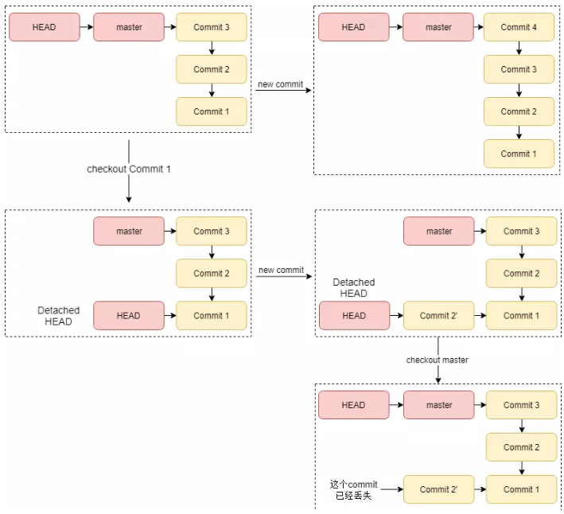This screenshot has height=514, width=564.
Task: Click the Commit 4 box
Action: point(519,27)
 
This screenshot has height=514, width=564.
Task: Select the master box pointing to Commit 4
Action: point(438,27)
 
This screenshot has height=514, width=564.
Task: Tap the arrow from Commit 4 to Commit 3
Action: point(519,48)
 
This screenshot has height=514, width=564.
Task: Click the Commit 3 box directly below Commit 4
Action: point(519,69)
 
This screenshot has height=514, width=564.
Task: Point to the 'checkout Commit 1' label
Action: point(128,169)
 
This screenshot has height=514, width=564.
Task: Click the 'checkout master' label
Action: point(437,360)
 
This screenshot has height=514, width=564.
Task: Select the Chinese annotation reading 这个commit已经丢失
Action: point(353,489)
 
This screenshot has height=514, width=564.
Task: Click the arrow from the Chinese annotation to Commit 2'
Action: point(391,489)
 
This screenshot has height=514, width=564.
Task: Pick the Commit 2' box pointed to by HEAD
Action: point(438,315)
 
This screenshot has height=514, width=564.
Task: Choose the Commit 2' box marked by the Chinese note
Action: point(438,489)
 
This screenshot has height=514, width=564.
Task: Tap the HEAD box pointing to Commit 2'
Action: point(354,315)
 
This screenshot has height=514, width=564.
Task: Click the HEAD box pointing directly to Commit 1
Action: point(128,315)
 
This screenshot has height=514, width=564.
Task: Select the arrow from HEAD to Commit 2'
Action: point(396,315)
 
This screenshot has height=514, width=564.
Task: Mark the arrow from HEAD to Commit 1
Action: point(170,315)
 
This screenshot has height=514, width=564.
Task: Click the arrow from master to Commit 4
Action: point(479,27)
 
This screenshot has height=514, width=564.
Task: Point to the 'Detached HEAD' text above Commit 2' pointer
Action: point(353,288)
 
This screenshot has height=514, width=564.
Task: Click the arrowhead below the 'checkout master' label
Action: point(438,380)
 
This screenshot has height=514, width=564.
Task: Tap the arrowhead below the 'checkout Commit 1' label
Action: point(129,199)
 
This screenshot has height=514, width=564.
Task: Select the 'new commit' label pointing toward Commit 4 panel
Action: point(280,84)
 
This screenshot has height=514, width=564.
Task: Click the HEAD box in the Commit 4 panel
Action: point(353,27)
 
